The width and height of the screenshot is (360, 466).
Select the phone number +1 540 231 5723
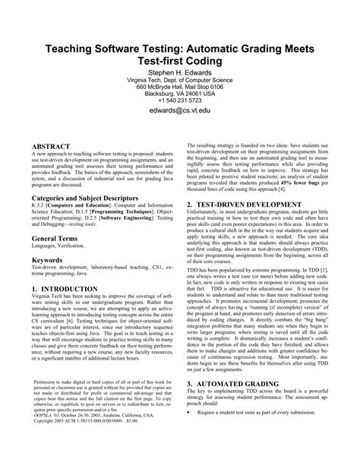(180, 100)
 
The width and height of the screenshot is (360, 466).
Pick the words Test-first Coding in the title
(180, 62)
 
